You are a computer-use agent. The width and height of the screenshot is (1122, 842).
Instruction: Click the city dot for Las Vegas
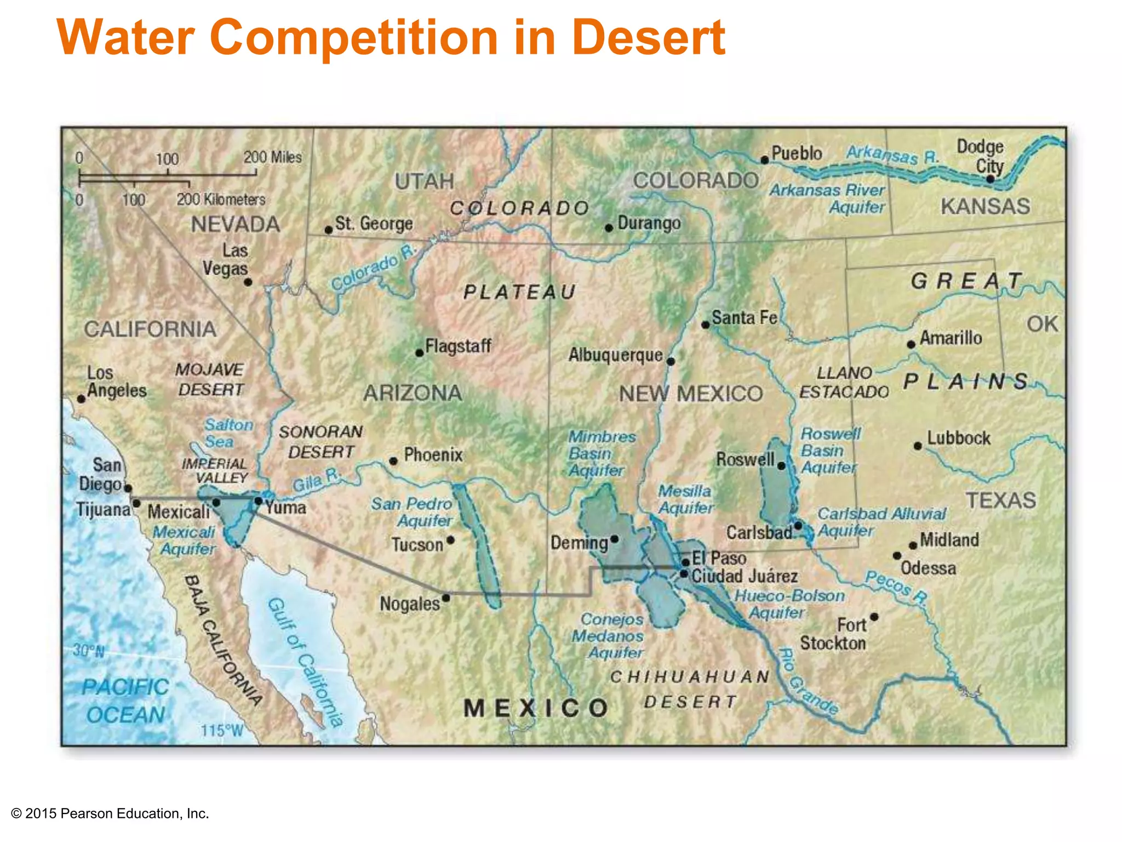click(248, 282)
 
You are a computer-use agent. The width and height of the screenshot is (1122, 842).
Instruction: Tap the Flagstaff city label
click(458, 346)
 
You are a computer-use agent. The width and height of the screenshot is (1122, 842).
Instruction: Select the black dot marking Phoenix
click(393, 461)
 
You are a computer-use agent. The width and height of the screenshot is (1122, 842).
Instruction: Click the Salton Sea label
click(228, 433)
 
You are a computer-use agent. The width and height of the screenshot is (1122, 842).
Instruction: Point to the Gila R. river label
click(317, 480)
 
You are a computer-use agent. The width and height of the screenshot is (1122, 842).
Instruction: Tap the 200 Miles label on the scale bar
click(272, 157)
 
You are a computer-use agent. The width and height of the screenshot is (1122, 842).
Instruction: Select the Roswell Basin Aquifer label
click(829, 450)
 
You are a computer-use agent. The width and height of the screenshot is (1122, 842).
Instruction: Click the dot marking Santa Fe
click(706, 325)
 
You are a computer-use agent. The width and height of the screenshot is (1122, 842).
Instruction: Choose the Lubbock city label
click(959, 439)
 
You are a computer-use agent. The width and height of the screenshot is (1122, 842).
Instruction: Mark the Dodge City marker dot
click(990, 179)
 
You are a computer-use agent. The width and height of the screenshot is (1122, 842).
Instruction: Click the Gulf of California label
click(305, 662)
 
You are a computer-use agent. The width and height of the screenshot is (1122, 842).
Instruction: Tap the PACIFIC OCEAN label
click(125, 701)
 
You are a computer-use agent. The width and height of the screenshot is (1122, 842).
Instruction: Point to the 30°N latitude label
click(89, 651)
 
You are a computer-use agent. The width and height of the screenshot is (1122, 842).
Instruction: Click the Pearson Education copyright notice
click(110, 813)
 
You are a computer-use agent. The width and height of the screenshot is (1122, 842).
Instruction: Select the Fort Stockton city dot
click(874, 617)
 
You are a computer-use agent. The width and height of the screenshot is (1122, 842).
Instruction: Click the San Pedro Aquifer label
click(412, 511)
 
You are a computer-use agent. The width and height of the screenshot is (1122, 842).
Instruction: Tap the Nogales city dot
click(446, 598)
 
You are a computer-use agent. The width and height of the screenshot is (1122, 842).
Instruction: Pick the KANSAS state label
click(985, 206)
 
